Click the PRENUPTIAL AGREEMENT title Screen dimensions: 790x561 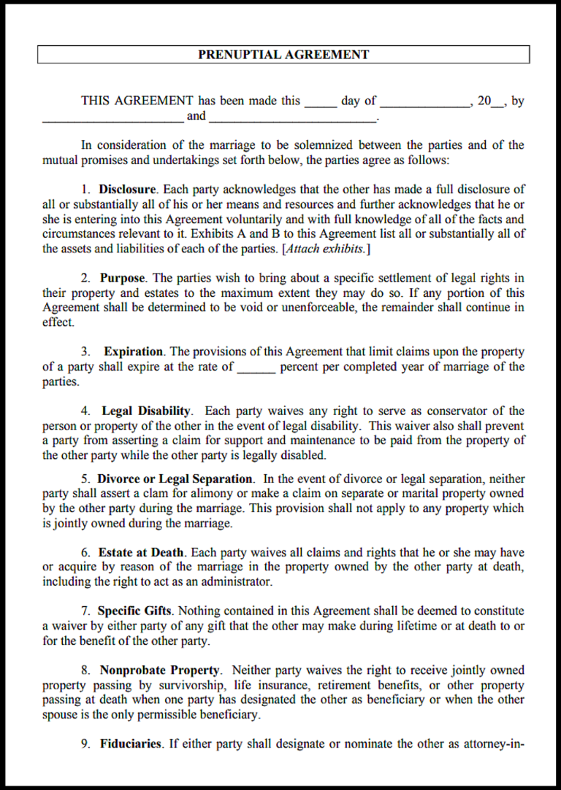(x=283, y=55)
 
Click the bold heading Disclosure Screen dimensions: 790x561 (x=127, y=190)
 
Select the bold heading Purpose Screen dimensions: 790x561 (x=123, y=278)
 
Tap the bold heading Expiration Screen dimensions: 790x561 (x=134, y=352)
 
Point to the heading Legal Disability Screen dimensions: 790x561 (x=146, y=411)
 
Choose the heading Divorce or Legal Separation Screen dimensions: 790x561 (x=175, y=479)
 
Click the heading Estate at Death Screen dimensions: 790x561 (x=142, y=553)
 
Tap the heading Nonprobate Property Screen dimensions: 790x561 (x=159, y=670)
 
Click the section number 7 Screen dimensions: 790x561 (x=85, y=611)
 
